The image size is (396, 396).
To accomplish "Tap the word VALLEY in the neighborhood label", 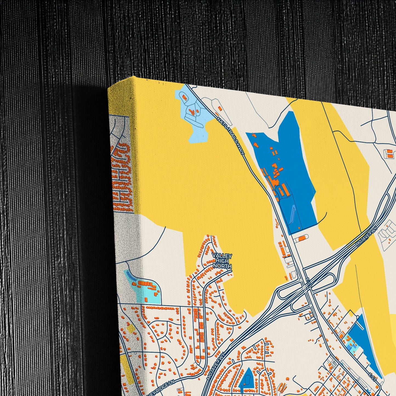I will coord(222,256).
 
